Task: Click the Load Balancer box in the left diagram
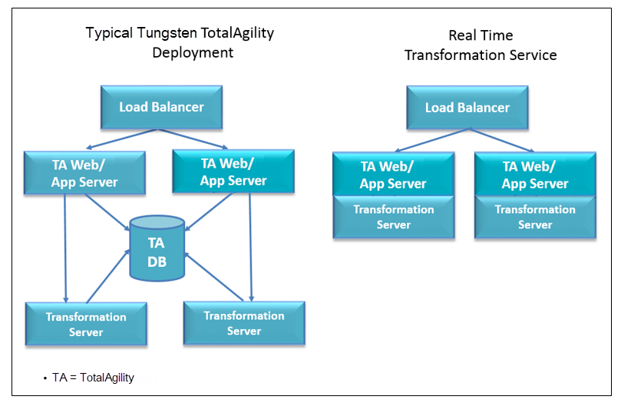(161, 107)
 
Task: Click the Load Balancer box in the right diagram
(467, 107)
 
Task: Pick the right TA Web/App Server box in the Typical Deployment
(233, 172)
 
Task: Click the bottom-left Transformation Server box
(86, 325)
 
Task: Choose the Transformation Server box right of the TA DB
(244, 323)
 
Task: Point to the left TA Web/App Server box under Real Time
(393, 175)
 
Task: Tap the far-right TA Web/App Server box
(535, 175)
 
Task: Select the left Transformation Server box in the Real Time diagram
(393, 217)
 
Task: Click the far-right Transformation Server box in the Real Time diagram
(535, 217)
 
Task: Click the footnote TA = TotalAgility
(93, 378)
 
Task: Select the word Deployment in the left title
(193, 53)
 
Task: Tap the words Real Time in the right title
(481, 35)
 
